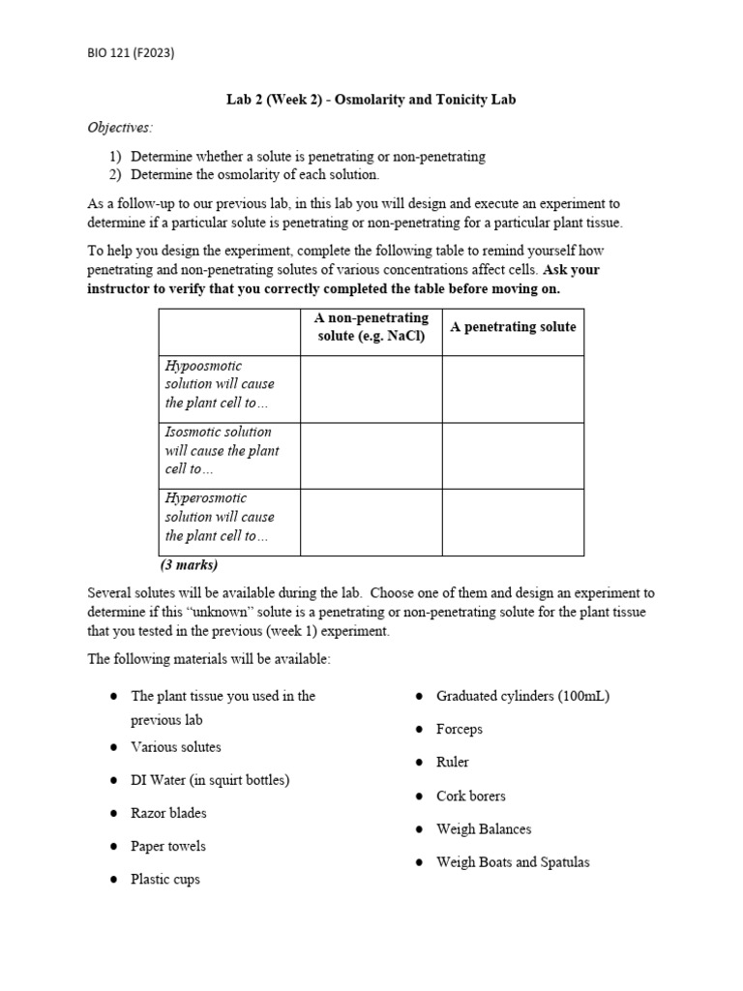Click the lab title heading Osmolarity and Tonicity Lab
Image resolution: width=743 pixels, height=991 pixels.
click(371, 100)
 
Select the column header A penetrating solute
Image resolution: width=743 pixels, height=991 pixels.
click(513, 327)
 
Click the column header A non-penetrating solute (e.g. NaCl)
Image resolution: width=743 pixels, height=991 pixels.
click(371, 327)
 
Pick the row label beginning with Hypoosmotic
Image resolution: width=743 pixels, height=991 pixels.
click(220, 384)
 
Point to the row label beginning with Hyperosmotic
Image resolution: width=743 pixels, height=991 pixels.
click(220, 517)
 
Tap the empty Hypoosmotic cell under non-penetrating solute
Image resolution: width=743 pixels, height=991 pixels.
click(371, 389)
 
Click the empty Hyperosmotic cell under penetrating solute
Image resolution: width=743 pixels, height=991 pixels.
click(513, 523)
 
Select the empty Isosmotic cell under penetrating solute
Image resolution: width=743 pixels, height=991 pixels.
click(513, 456)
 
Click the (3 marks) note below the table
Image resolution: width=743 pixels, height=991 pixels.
click(190, 565)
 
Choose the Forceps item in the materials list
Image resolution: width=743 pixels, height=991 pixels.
click(459, 729)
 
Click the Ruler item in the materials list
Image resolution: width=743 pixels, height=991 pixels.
click(452, 763)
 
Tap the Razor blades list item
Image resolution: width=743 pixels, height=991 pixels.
click(168, 813)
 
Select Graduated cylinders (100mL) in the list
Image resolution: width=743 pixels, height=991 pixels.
click(522, 696)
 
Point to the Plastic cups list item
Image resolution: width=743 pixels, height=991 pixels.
click(165, 880)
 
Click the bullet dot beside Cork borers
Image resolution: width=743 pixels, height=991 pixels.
click(418, 796)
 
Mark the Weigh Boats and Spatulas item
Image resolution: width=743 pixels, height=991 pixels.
click(513, 862)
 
